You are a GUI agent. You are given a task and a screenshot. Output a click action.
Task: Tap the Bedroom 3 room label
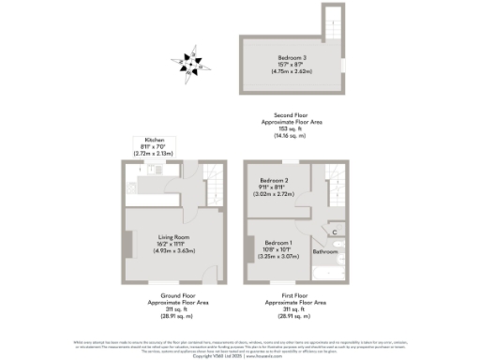(x=282, y=58)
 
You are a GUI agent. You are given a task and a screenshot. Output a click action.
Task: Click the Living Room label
(x=172, y=238)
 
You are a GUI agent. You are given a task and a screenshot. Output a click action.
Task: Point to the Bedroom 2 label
(x=274, y=180)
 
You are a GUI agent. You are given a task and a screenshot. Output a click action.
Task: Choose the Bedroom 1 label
(x=278, y=243)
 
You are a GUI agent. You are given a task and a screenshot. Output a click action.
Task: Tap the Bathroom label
(x=325, y=251)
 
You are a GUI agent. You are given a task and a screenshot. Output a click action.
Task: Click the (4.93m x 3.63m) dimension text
(x=172, y=250)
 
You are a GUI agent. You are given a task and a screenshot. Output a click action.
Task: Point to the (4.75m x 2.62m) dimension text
(x=282, y=71)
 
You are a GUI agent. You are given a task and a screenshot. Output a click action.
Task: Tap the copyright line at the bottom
(x=240, y=354)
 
